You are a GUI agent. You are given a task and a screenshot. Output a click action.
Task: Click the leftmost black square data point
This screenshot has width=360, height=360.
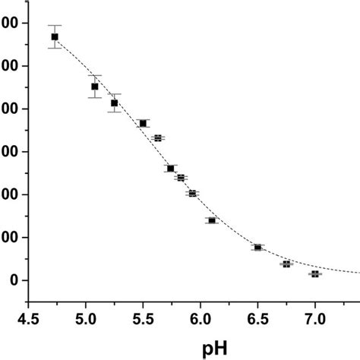55,36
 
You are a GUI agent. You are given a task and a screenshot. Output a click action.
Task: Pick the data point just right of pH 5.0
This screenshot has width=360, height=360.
95,87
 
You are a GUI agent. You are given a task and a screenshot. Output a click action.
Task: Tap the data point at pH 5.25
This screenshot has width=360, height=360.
114,103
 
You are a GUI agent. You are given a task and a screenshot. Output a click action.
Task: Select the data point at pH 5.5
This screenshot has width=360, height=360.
143,123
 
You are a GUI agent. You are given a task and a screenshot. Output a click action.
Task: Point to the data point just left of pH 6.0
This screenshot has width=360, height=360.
192,194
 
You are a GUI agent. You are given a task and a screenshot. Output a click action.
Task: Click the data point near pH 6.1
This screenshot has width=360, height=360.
212,220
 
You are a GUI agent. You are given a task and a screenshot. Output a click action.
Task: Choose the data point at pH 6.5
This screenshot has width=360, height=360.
257,248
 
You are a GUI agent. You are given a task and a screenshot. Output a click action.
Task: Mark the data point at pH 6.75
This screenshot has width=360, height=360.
286,264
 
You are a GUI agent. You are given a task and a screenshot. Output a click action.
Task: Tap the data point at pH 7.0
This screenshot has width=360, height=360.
315,273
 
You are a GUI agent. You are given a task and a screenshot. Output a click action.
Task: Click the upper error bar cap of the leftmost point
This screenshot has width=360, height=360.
55,25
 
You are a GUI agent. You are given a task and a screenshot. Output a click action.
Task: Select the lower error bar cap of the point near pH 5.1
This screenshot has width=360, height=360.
95,97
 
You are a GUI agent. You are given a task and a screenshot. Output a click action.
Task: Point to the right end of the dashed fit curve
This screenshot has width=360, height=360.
358,272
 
